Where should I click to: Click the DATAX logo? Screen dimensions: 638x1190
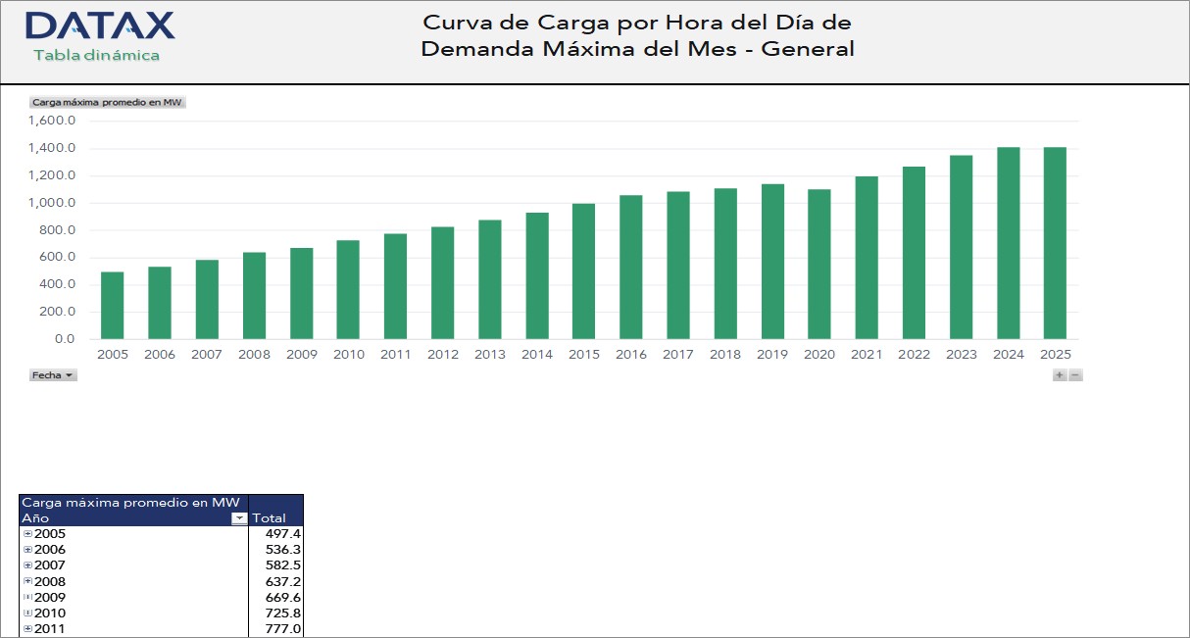[x=100, y=25]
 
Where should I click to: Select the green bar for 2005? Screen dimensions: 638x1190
[x=113, y=306]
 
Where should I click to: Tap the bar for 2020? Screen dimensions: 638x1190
[x=819, y=265]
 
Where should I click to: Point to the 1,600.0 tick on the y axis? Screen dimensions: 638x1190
[x=52, y=122]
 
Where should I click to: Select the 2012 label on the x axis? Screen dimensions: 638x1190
[x=442, y=355]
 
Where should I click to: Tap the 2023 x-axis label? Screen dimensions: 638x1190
[x=961, y=355]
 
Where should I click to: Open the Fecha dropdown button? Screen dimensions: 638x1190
[x=53, y=375]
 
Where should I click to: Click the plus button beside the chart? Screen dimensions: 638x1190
[x=1060, y=375]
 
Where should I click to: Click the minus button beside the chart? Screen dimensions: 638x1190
[x=1075, y=375]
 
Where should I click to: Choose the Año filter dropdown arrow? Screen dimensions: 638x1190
[x=238, y=518]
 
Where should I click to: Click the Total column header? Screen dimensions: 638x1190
[x=270, y=518]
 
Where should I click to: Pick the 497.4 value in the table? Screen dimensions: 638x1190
[x=283, y=534]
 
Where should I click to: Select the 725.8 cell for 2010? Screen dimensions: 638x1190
[x=283, y=613]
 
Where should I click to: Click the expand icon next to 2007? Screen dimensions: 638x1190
[x=27, y=566]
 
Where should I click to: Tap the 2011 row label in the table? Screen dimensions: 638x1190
[x=49, y=629]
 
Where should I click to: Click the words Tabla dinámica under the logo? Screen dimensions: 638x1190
[x=96, y=56]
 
